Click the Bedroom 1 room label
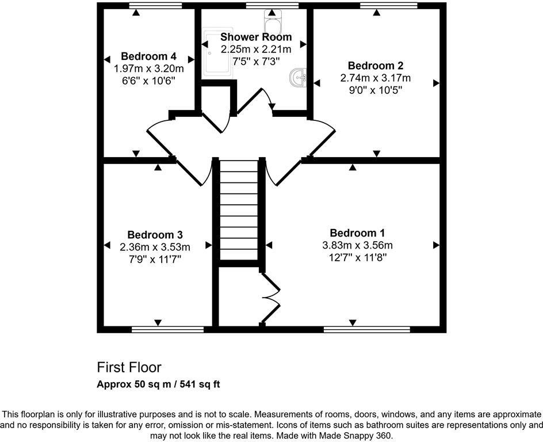coord(357,233)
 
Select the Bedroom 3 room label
coord(155,235)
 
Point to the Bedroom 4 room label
coord(148,56)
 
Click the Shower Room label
coord(256,37)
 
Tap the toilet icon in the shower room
coord(271,22)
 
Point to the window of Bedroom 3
coord(167,330)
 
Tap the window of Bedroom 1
coord(366,330)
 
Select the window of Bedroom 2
coord(389,6)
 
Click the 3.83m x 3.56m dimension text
coord(357,245)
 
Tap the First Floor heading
coord(129,367)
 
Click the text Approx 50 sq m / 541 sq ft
coord(158,384)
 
